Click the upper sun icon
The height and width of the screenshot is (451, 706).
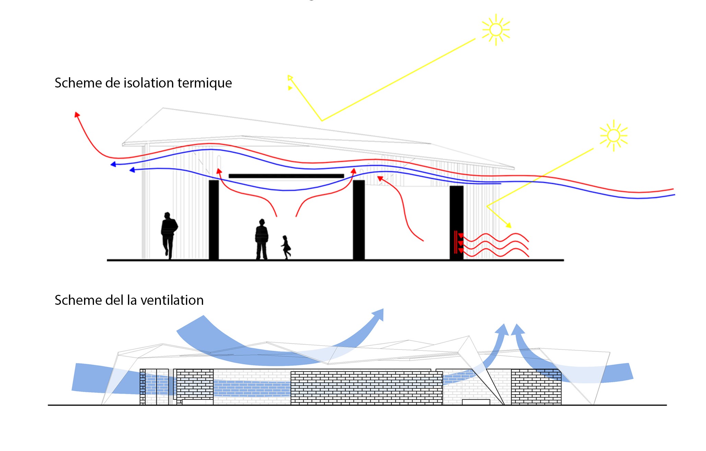pyautogui.click(x=496, y=30)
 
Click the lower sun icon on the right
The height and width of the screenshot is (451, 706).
pyautogui.click(x=613, y=136)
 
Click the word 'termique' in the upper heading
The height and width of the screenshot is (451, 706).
pyautogui.click(x=205, y=83)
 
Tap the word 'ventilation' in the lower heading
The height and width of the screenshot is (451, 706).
pyautogui.click(x=172, y=300)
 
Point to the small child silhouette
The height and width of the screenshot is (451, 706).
pyautogui.click(x=286, y=247)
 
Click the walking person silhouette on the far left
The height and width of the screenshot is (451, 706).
pyautogui.click(x=168, y=235)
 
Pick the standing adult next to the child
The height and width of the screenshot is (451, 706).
pyautogui.click(x=261, y=239)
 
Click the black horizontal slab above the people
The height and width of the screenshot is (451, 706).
pyautogui.click(x=286, y=176)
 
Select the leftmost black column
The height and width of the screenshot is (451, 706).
pyautogui.click(x=214, y=220)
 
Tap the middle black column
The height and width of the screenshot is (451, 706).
pyautogui.click(x=359, y=220)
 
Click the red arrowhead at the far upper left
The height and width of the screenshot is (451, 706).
pyautogui.click(x=77, y=115)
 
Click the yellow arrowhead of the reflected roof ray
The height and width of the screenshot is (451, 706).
pyautogui.click(x=290, y=78)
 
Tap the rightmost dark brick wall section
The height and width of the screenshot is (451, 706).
pyautogui.click(x=536, y=387)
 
